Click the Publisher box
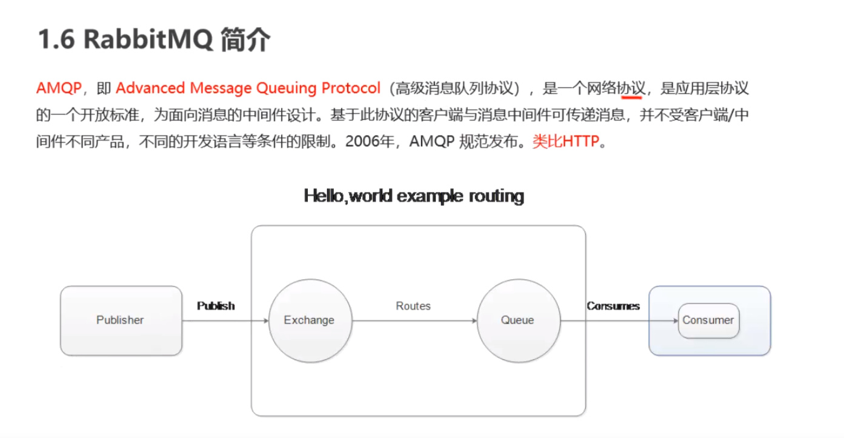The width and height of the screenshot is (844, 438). tap(121, 320)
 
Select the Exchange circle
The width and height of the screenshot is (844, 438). tap(309, 320)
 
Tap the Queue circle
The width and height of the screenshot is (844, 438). tap(517, 320)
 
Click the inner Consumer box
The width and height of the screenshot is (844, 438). tap(708, 320)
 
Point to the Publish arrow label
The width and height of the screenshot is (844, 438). tap(216, 306)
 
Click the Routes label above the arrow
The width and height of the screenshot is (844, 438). tap(413, 306)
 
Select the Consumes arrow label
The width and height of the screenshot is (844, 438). tap(613, 306)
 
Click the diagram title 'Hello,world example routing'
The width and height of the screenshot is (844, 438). tap(414, 196)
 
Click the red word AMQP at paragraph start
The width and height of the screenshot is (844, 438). tap(59, 88)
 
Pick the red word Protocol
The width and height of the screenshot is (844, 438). tap(351, 88)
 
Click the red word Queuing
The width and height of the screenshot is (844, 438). tap(286, 88)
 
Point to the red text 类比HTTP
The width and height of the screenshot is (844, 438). tap(565, 142)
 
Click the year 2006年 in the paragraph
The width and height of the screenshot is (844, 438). tap(370, 142)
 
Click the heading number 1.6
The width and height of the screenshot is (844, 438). tap(56, 40)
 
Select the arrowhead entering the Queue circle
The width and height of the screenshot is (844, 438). tap(474, 321)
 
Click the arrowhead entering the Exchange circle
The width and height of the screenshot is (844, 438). tap(265, 321)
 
